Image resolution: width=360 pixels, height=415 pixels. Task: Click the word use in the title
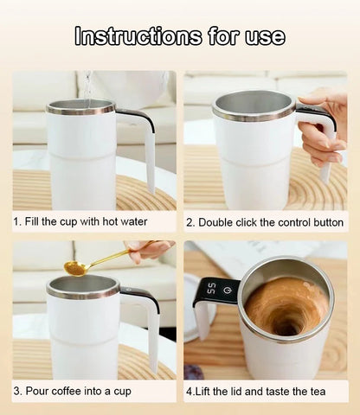tap(265, 35)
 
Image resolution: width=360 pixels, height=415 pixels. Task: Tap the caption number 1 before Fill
tap(16, 222)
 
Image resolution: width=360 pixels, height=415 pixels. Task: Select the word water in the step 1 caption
tap(132, 222)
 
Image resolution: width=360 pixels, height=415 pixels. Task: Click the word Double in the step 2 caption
tap(220, 222)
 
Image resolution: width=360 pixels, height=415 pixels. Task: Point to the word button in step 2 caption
tap(325, 222)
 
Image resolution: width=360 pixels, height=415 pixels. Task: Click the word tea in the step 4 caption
tap(317, 391)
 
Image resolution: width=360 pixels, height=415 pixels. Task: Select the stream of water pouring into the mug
tap(87, 85)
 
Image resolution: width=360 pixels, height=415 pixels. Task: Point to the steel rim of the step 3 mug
tap(82, 291)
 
